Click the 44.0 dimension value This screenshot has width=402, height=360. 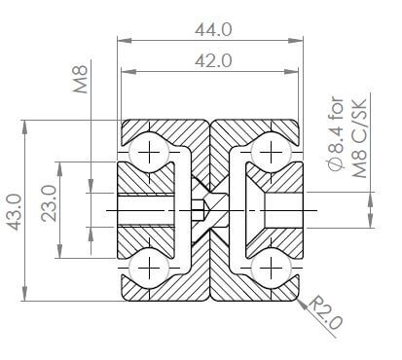[x=213, y=30]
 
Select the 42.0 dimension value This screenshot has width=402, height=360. [x=213, y=60]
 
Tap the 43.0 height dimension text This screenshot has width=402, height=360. [x=15, y=212]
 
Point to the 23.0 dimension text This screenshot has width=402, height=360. [x=49, y=203]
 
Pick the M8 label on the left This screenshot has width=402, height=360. [x=80, y=80]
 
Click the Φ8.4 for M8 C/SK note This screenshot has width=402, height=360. [x=347, y=137]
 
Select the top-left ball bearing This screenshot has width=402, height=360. [x=149, y=153]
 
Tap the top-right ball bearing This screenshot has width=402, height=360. [x=271, y=153]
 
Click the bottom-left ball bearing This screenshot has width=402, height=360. [x=149, y=268]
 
